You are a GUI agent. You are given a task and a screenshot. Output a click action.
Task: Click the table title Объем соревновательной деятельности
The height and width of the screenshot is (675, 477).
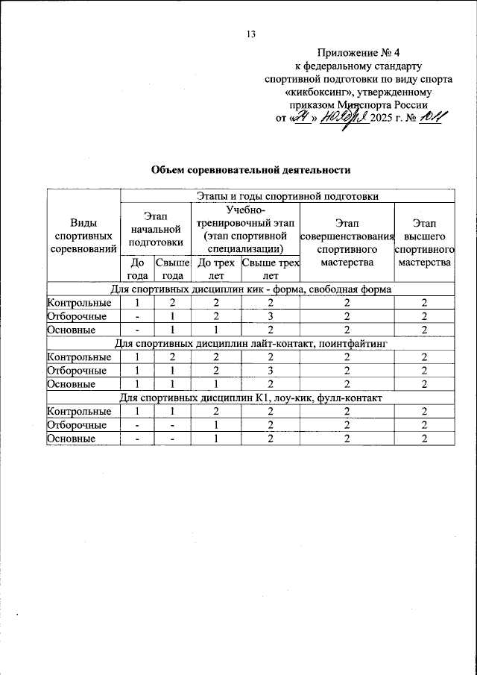point(250,170)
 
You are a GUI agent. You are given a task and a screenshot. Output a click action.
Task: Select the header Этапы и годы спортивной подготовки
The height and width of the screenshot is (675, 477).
point(288,196)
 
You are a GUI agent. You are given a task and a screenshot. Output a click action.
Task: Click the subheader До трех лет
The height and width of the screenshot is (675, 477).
point(216,269)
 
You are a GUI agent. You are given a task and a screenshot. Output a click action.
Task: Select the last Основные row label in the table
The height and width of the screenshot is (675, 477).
point(71,439)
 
